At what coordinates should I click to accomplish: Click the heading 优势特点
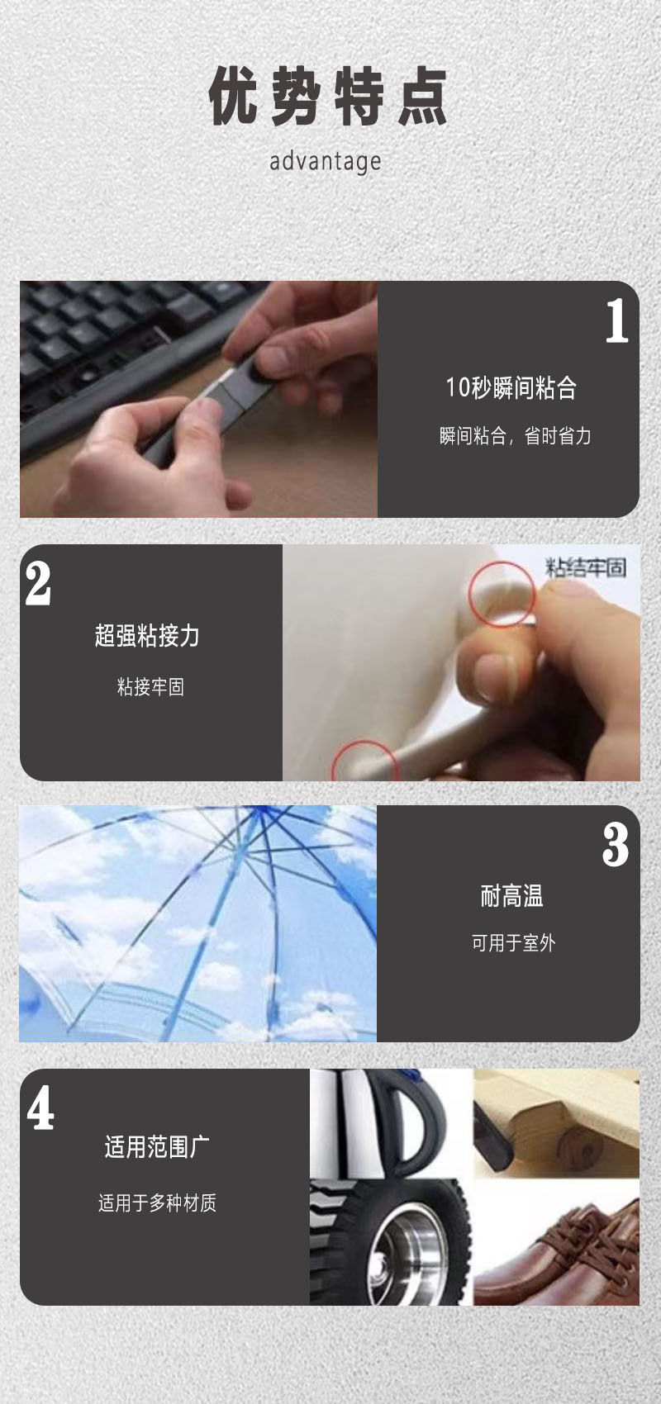(x=328, y=97)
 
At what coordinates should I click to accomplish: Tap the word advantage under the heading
(x=326, y=161)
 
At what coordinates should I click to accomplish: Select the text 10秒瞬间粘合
(x=511, y=387)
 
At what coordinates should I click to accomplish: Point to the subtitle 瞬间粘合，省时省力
(x=515, y=436)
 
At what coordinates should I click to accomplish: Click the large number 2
(x=38, y=584)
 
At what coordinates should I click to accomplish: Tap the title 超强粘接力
(x=147, y=635)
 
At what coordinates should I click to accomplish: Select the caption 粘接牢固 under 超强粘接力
(x=150, y=686)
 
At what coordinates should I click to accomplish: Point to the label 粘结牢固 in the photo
(x=586, y=567)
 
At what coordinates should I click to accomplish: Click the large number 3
(x=616, y=845)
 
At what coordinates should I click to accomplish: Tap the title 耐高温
(x=511, y=896)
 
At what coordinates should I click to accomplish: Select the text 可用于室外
(x=513, y=943)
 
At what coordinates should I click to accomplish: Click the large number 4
(x=40, y=1108)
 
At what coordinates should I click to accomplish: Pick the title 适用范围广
(x=157, y=1147)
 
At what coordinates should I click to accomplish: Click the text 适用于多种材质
(x=157, y=1202)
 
